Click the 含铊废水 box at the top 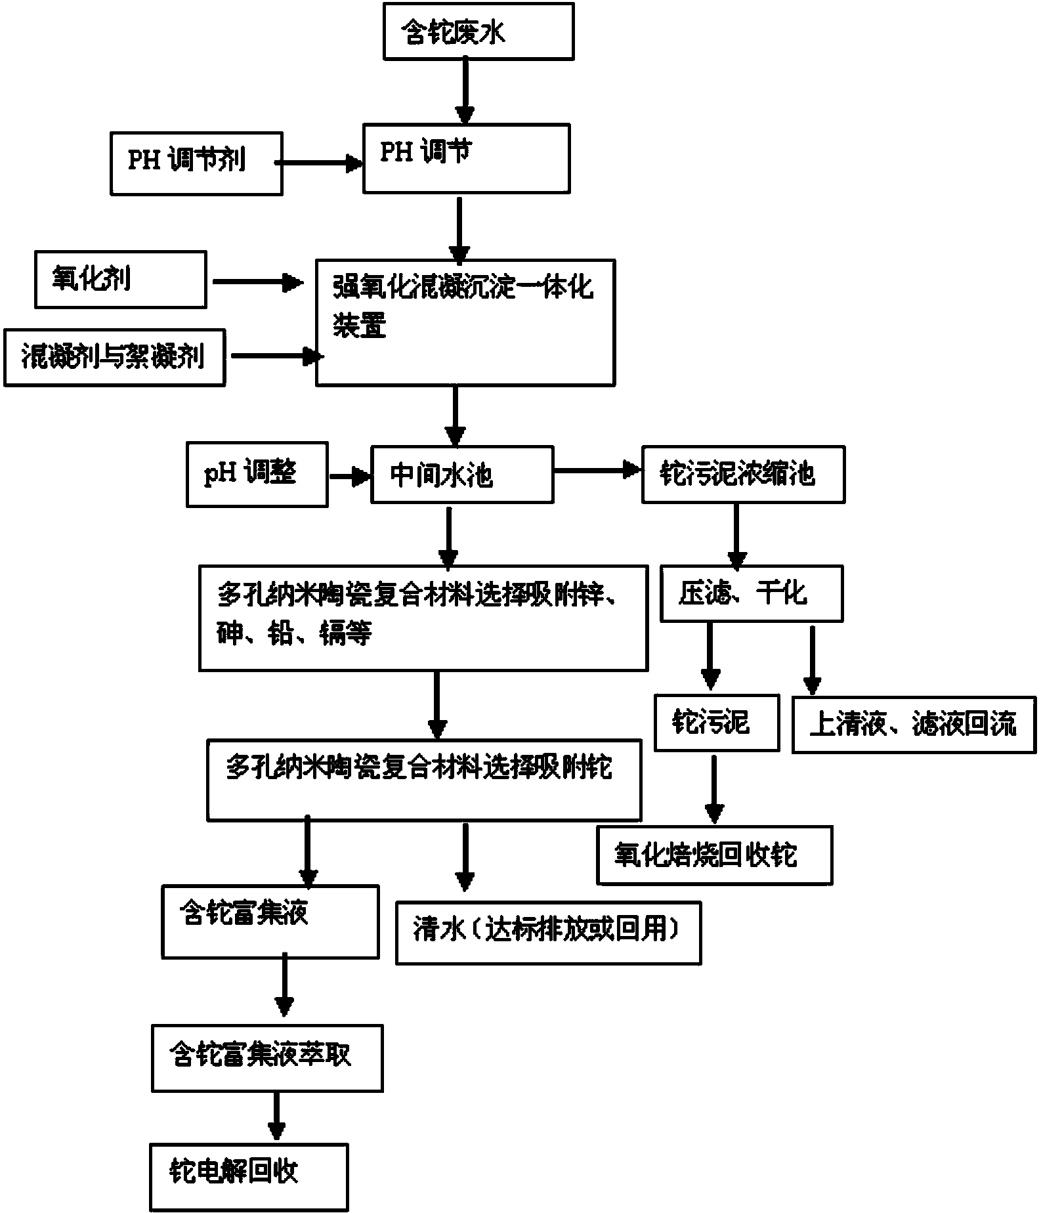(x=478, y=32)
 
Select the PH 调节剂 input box (x=196, y=163)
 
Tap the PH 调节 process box (x=466, y=158)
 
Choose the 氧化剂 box (x=120, y=280)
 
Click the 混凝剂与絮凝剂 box (x=114, y=358)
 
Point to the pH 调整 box (x=257, y=475)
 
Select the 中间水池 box (x=462, y=475)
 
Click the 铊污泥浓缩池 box (x=743, y=475)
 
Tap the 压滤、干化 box (x=751, y=594)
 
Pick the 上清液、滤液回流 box (x=914, y=724)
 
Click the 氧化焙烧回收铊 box (x=714, y=855)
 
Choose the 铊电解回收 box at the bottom (x=249, y=1176)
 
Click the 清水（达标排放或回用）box (x=548, y=932)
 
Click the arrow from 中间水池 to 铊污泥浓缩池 (x=597, y=470)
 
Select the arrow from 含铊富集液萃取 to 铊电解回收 (x=276, y=1116)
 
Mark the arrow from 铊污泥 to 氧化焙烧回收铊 (x=714, y=790)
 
